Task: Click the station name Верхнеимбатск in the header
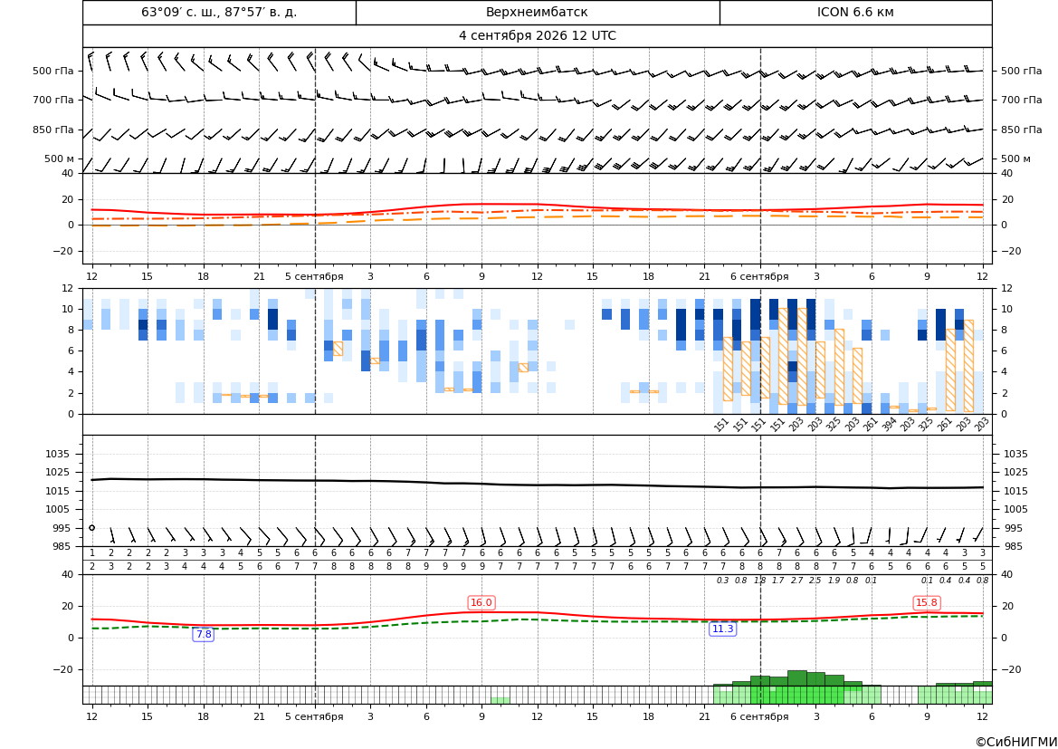tap(537, 12)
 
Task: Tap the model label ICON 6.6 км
tap(855, 12)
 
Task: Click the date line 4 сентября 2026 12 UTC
tap(537, 36)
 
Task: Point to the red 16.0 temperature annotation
tap(481, 602)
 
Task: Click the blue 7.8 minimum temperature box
tap(203, 634)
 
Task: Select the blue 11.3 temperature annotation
tap(722, 629)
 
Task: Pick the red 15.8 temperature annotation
tap(927, 602)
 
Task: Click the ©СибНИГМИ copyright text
tap(1016, 742)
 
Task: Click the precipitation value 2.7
tap(796, 581)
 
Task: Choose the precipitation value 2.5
tap(815, 581)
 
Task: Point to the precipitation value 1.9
tap(834, 581)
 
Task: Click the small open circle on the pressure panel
tap(91, 528)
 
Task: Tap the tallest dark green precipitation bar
tap(796, 678)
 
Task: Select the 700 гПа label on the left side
tap(53, 100)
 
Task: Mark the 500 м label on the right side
tap(1015, 158)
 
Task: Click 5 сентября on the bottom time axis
tap(314, 716)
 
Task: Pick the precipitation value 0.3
tap(722, 581)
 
